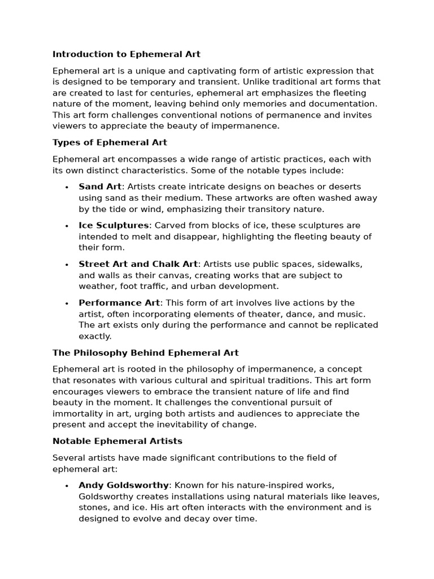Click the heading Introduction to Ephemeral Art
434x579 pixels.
pyautogui.click(x=127, y=54)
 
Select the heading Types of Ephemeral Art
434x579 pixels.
pyautogui.click(x=110, y=142)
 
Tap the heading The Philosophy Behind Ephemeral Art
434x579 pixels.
pyautogui.click(x=146, y=352)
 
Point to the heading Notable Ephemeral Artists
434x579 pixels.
pyautogui.click(x=117, y=440)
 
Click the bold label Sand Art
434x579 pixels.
pyautogui.click(x=99, y=187)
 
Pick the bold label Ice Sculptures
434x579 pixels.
pyautogui.click(x=114, y=225)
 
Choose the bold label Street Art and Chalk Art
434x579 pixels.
pyautogui.click(x=138, y=264)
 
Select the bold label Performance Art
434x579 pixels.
pyautogui.click(x=119, y=303)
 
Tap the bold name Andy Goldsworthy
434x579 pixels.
pyautogui.click(x=124, y=485)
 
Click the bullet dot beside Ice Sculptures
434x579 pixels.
pyautogui.click(x=67, y=226)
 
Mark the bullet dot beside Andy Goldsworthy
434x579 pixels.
pyautogui.click(x=67, y=486)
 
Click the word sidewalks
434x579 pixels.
pyautogui.click(x=339, y=264)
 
